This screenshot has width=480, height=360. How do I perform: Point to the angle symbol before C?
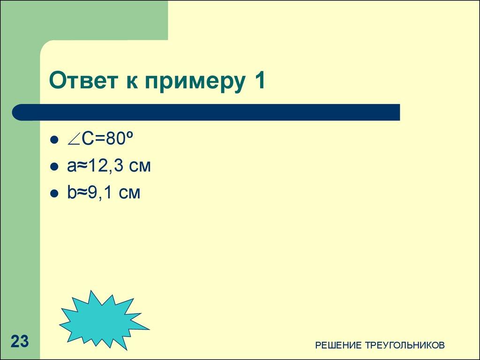(x=74, y=140)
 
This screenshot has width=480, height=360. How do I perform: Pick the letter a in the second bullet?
(x=70, y=167)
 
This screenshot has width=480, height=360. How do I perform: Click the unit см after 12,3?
(x=139, y=167)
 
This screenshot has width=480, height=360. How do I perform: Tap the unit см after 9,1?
(x=129, y=193)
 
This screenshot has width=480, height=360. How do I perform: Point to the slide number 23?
(x=20, y=341)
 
